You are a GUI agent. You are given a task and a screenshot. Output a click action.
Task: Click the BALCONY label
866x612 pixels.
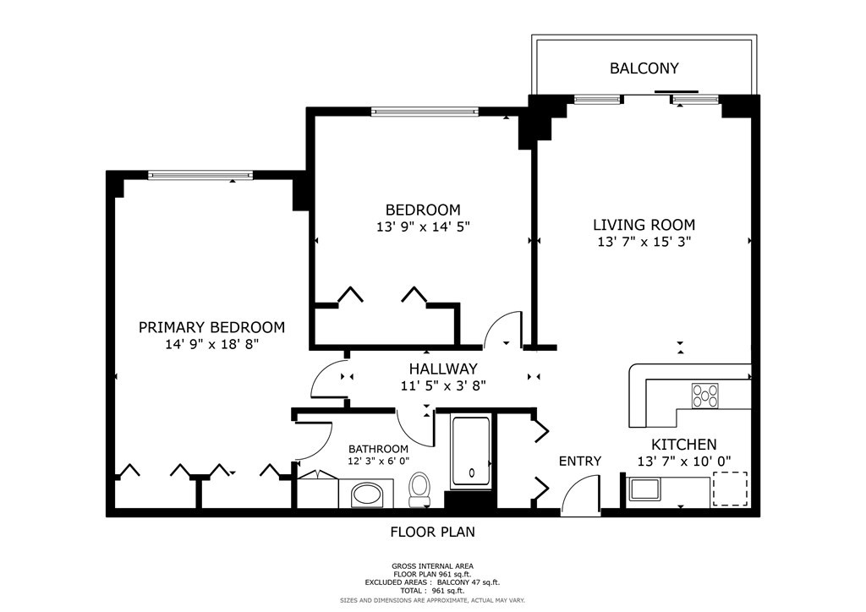tap(644, 68)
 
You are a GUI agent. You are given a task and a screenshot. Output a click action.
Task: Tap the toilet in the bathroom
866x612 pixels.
tap(419, 489)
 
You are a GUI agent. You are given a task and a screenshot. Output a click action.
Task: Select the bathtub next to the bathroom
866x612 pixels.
tap(470, 452)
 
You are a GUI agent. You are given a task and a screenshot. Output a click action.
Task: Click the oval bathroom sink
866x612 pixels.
tap(366, 494)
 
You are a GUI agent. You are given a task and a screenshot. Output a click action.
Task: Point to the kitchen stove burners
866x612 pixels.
tap(705, 395)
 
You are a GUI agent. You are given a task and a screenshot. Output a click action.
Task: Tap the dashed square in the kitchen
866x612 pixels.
tap(731, 489)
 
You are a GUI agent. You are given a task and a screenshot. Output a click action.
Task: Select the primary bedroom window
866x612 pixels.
tap(200, 175)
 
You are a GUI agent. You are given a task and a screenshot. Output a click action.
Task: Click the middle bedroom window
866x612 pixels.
tap(425, 112)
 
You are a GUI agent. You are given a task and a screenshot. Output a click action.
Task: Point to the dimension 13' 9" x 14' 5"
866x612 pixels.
tap(423, 227)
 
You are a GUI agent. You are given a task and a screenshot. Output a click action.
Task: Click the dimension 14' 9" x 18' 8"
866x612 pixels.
tap(211, 345)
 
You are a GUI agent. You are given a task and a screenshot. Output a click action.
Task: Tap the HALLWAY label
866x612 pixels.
tap(443, 369)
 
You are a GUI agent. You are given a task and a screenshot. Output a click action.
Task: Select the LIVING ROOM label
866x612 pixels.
tap(644, 225)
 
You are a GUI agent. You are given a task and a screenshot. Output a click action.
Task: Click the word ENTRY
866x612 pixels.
tap(580, 461)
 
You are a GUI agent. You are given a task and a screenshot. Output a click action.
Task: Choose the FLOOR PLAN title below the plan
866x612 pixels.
tap(432, 533)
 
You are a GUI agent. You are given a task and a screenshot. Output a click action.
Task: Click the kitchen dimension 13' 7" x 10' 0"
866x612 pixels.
tap(683, 462)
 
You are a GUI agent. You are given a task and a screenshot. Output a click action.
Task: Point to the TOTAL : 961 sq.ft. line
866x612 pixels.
tap(432, 591)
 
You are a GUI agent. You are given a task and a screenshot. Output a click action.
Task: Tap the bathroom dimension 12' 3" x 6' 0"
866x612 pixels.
tap(378, 462)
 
